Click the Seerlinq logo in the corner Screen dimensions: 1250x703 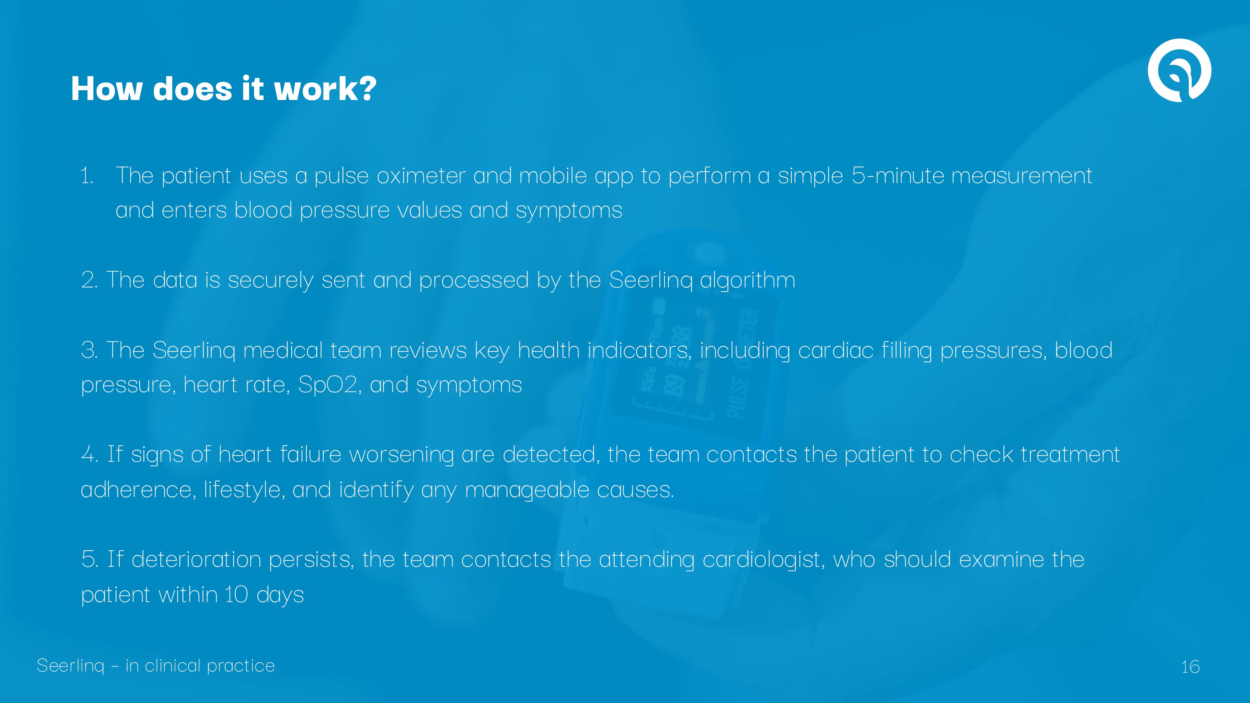pos(1179,70)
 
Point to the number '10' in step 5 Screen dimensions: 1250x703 pos(236,595)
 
